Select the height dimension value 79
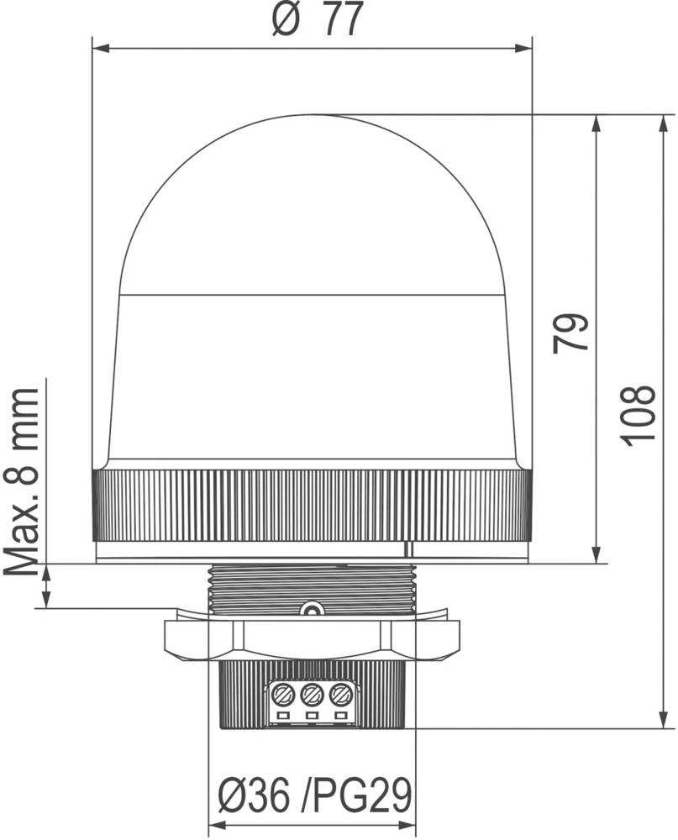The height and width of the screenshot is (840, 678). point(570,333)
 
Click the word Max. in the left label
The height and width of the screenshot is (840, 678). point(23,538)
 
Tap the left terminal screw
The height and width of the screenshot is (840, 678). point(282,695)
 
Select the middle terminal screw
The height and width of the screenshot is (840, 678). point(312,695)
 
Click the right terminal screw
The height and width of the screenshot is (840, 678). point(340,695)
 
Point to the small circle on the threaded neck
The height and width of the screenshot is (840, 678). point(312,611)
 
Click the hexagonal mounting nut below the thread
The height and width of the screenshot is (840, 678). point(312,638)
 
